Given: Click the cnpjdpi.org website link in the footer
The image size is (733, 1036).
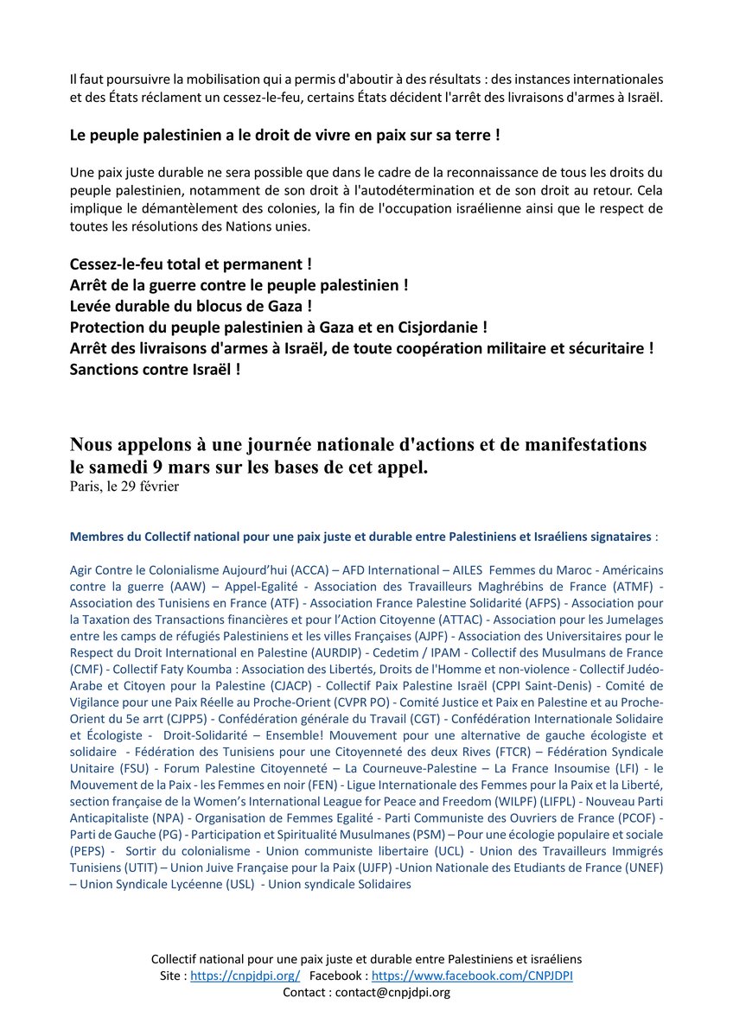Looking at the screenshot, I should [245, 976].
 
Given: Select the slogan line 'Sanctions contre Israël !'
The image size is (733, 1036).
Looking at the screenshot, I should [155, 368].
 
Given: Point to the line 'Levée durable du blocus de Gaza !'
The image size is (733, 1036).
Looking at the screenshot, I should [191, 306].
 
